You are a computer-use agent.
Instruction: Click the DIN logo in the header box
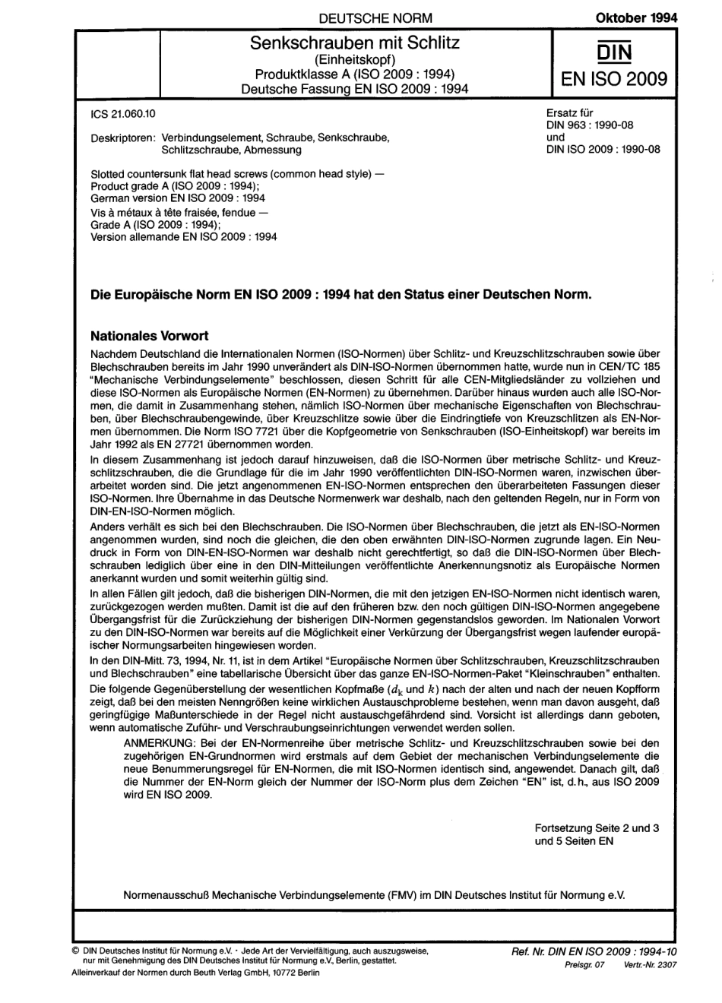pyautogui.click(x=614, y=50)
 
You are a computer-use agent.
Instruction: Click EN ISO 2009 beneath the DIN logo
pyautogui.click(x=614, y=79)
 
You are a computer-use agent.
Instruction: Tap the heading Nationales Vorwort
pyautogui.click(x=149, y=335)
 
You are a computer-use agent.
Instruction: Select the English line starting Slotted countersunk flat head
pyautogui.click(x=237, y=174)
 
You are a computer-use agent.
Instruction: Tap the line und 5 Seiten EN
pyautogui.click(x=574, y=841)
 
